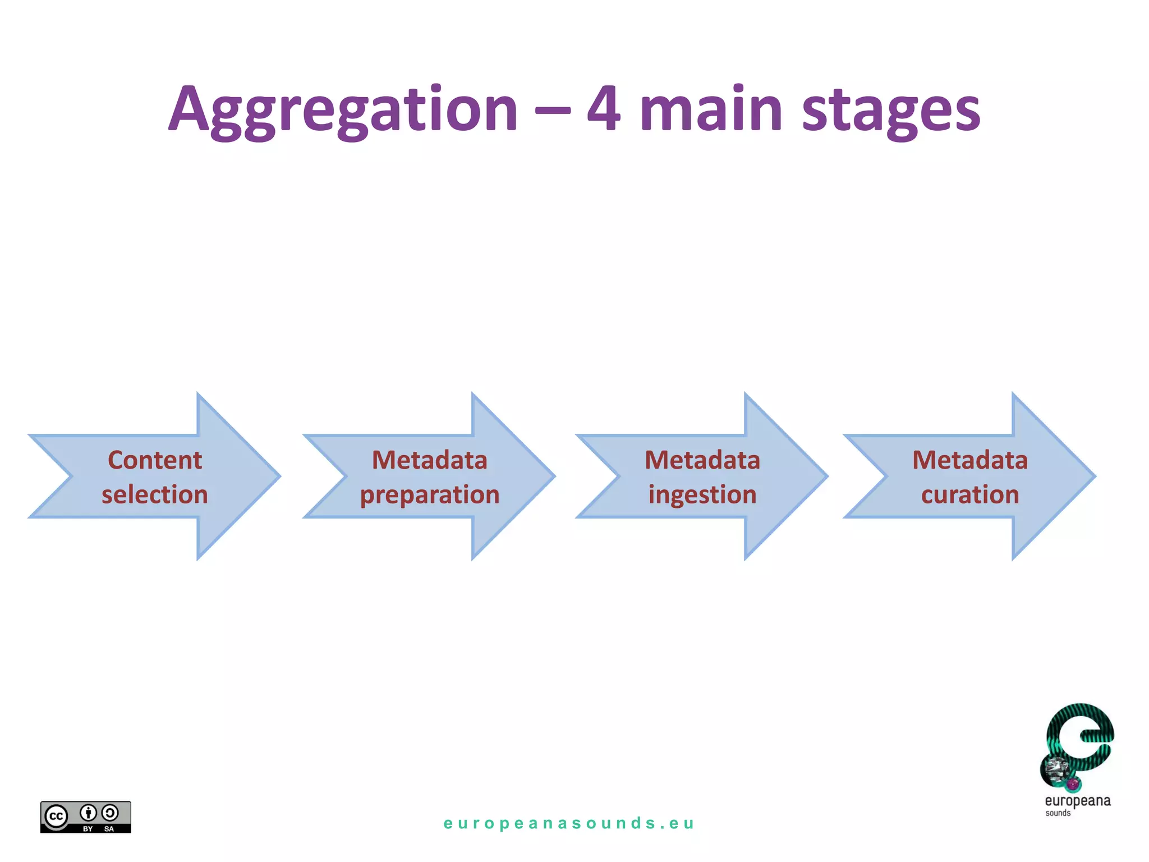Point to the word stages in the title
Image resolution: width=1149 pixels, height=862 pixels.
tap(891, 111)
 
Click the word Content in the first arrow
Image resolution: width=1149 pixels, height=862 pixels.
tap(155, 460)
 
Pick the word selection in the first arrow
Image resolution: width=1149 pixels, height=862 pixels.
tap(155, 495)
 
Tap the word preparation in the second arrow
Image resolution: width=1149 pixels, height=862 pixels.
tap(430, 495)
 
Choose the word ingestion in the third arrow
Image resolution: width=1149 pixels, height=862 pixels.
tap(702, 495)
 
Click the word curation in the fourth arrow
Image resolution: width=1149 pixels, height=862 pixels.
tap(970, 495)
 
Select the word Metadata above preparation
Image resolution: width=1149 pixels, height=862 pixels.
tap(430, 460)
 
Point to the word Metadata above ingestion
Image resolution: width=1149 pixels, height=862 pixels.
tap(702, 460)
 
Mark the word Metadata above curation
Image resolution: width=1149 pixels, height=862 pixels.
tap(970, 460)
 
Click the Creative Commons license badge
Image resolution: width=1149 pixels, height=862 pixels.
tap(85, 817)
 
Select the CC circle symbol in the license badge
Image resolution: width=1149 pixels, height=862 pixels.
tap(56, 816)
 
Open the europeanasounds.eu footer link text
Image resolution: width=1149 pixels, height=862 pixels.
tap(569, 823)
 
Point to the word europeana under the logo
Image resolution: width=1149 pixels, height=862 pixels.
tap(1077, 801)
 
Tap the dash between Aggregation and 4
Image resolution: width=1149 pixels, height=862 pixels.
tap(552, 110)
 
